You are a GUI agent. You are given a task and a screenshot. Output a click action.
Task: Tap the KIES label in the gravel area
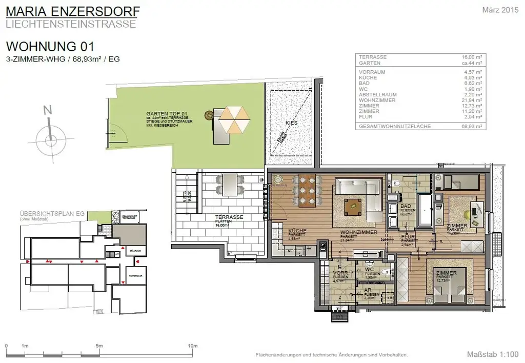click(x=291, y=123)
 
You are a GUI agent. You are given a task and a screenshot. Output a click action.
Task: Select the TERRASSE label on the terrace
click(x=228, y=217)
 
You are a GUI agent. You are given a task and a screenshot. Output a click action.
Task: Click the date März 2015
click(x=501, y=10)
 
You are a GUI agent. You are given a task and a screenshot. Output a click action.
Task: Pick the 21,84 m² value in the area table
click(x=472, y=100)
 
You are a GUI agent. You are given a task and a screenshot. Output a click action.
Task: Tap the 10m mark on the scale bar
click(x=193, y=346)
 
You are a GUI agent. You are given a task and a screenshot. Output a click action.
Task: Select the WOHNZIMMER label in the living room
click(x=359, y=232)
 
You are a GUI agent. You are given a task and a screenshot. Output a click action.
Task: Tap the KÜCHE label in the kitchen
click(x=297, y=231)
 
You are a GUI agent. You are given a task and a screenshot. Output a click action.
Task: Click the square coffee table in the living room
click(x=353, y=206)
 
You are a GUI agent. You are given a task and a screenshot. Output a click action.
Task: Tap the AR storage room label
click(x=367, y=290)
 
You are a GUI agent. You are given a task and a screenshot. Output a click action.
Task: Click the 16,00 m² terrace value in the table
click(x=472, y=57)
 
